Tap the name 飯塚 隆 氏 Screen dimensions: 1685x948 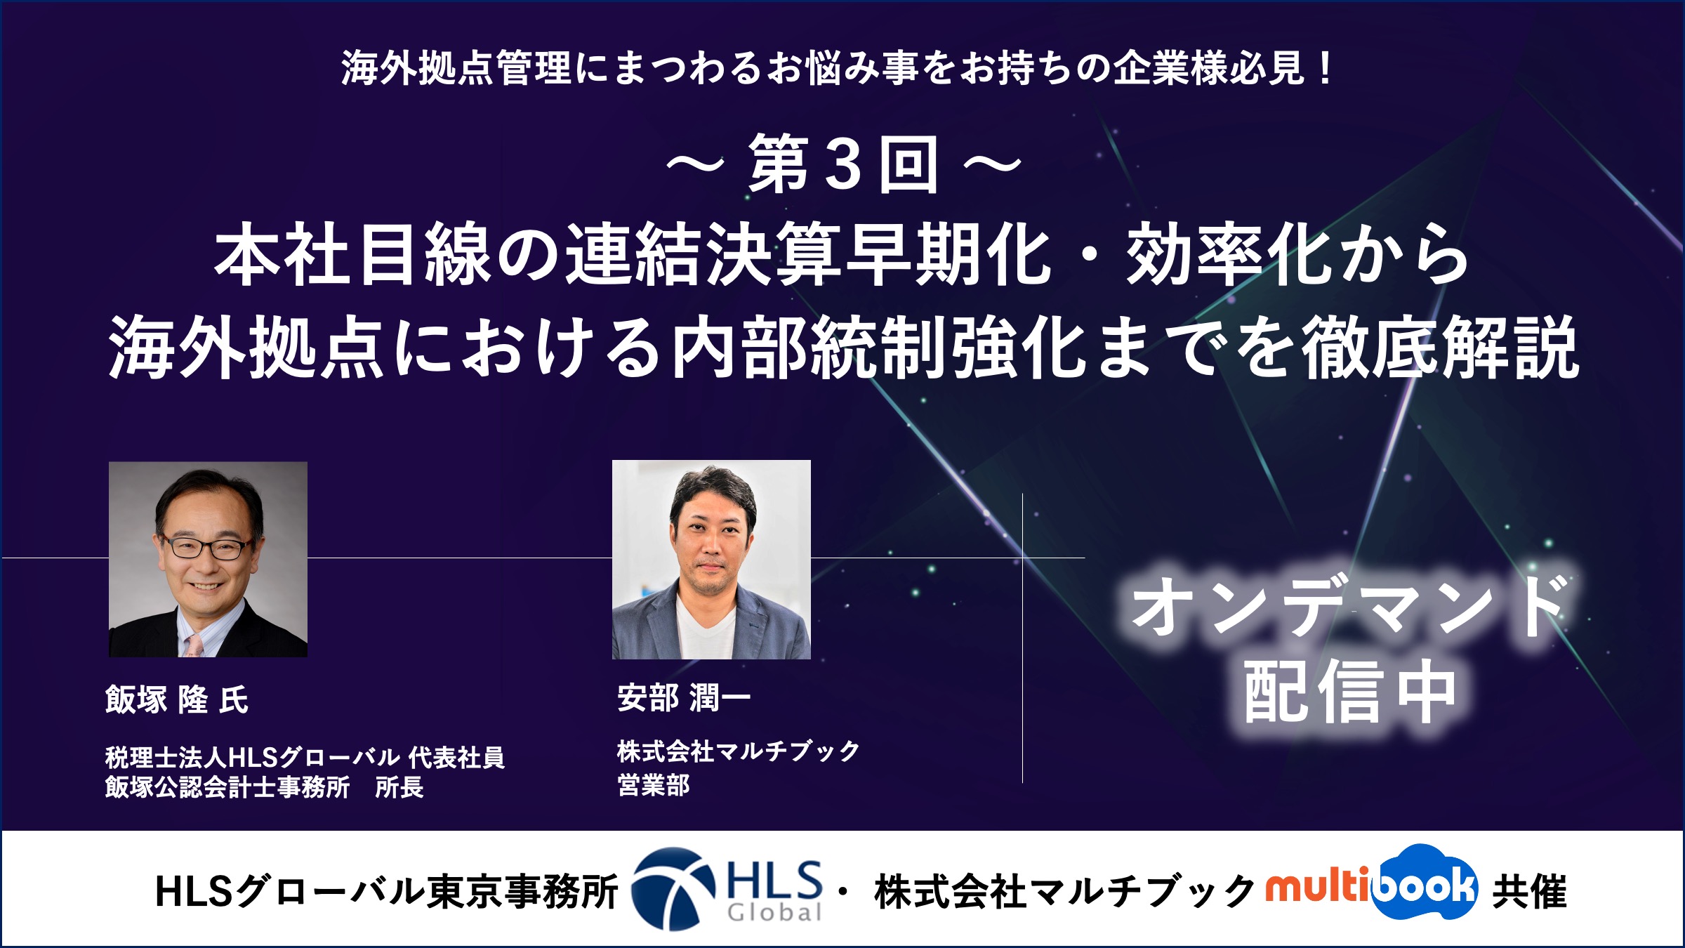tap(177, 699)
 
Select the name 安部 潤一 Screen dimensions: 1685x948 tap(685, 698)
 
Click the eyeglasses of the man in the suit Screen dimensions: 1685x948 tap(206, 546)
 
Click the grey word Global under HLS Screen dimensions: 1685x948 tap(774, 912)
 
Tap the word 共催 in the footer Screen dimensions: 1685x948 tap(1529, 892)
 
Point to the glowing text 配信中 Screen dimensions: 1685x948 tap(1349, 692)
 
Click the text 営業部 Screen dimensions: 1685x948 tap(654, 784)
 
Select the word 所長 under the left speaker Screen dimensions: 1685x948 tap(399, 787)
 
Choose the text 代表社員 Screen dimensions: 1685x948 tap(456, 757)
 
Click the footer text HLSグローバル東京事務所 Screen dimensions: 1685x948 tap(386, 892)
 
